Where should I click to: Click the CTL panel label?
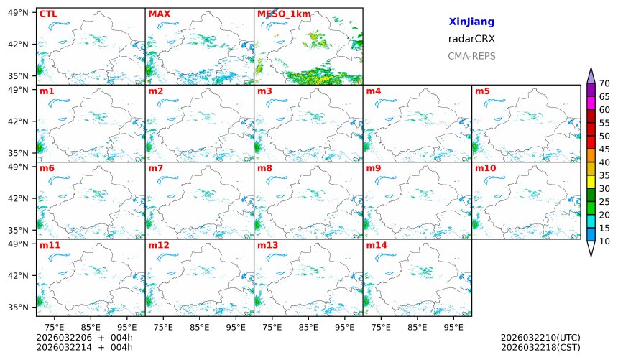47,14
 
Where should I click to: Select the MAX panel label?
159,14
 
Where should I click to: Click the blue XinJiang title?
471,22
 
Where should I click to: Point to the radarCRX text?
471,40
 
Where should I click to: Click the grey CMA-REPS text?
471,56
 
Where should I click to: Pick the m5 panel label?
482,91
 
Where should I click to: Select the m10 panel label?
485,168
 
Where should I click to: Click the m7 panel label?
156,168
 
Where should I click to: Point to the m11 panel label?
50,246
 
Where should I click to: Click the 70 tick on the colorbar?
604,83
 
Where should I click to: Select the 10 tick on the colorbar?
604,241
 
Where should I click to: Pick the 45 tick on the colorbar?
604,149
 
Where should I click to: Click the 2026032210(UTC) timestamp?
540,338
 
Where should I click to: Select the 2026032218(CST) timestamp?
540,347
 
